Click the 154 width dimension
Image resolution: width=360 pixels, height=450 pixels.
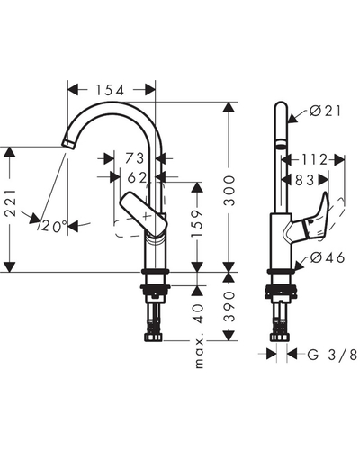tap(110, 90)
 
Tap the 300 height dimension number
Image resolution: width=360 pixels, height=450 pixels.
tap(230, 191)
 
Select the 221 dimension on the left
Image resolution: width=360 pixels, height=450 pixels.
tap(11, 202)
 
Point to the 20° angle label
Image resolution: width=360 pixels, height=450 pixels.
tap(54, 226)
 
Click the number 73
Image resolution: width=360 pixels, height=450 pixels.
tap(135, 158)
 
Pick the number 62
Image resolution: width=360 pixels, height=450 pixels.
tap(137, 178)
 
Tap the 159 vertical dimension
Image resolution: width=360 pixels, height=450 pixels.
tap(197, 223)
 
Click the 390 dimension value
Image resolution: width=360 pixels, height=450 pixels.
tap(230, 306)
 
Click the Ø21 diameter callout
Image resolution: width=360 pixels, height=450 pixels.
tap(326, 112)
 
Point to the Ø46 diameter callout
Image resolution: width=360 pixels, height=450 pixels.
tap(328, 257)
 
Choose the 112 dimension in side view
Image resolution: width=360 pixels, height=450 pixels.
tap(314, 159)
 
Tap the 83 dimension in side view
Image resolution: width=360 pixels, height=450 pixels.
tap(305, 180)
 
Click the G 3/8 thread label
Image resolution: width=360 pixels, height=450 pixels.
tap(332, 355)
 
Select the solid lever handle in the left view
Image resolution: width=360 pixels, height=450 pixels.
tap(143, 213)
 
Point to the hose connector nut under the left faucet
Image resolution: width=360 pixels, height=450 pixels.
tap(154, 337)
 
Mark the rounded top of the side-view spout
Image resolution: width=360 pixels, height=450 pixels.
tap(282, 105)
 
